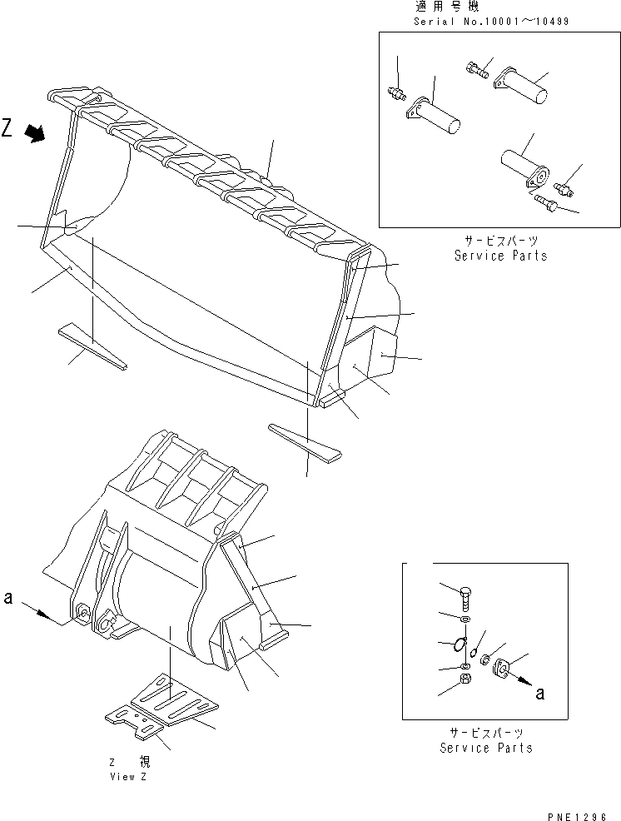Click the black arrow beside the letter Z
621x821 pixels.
[36, 132]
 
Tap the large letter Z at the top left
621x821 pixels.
[7, 128]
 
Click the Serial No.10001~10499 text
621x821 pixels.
[490, 20]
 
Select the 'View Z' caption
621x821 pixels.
[127, 776]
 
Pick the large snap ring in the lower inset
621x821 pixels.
[457, 644]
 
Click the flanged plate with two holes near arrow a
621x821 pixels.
[504, 668]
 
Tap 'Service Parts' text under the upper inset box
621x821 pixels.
[500, 256]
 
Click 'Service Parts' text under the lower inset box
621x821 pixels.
[486, 748]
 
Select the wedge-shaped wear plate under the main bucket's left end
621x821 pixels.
[92, 346]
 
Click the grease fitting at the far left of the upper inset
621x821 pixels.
[397, 92]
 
